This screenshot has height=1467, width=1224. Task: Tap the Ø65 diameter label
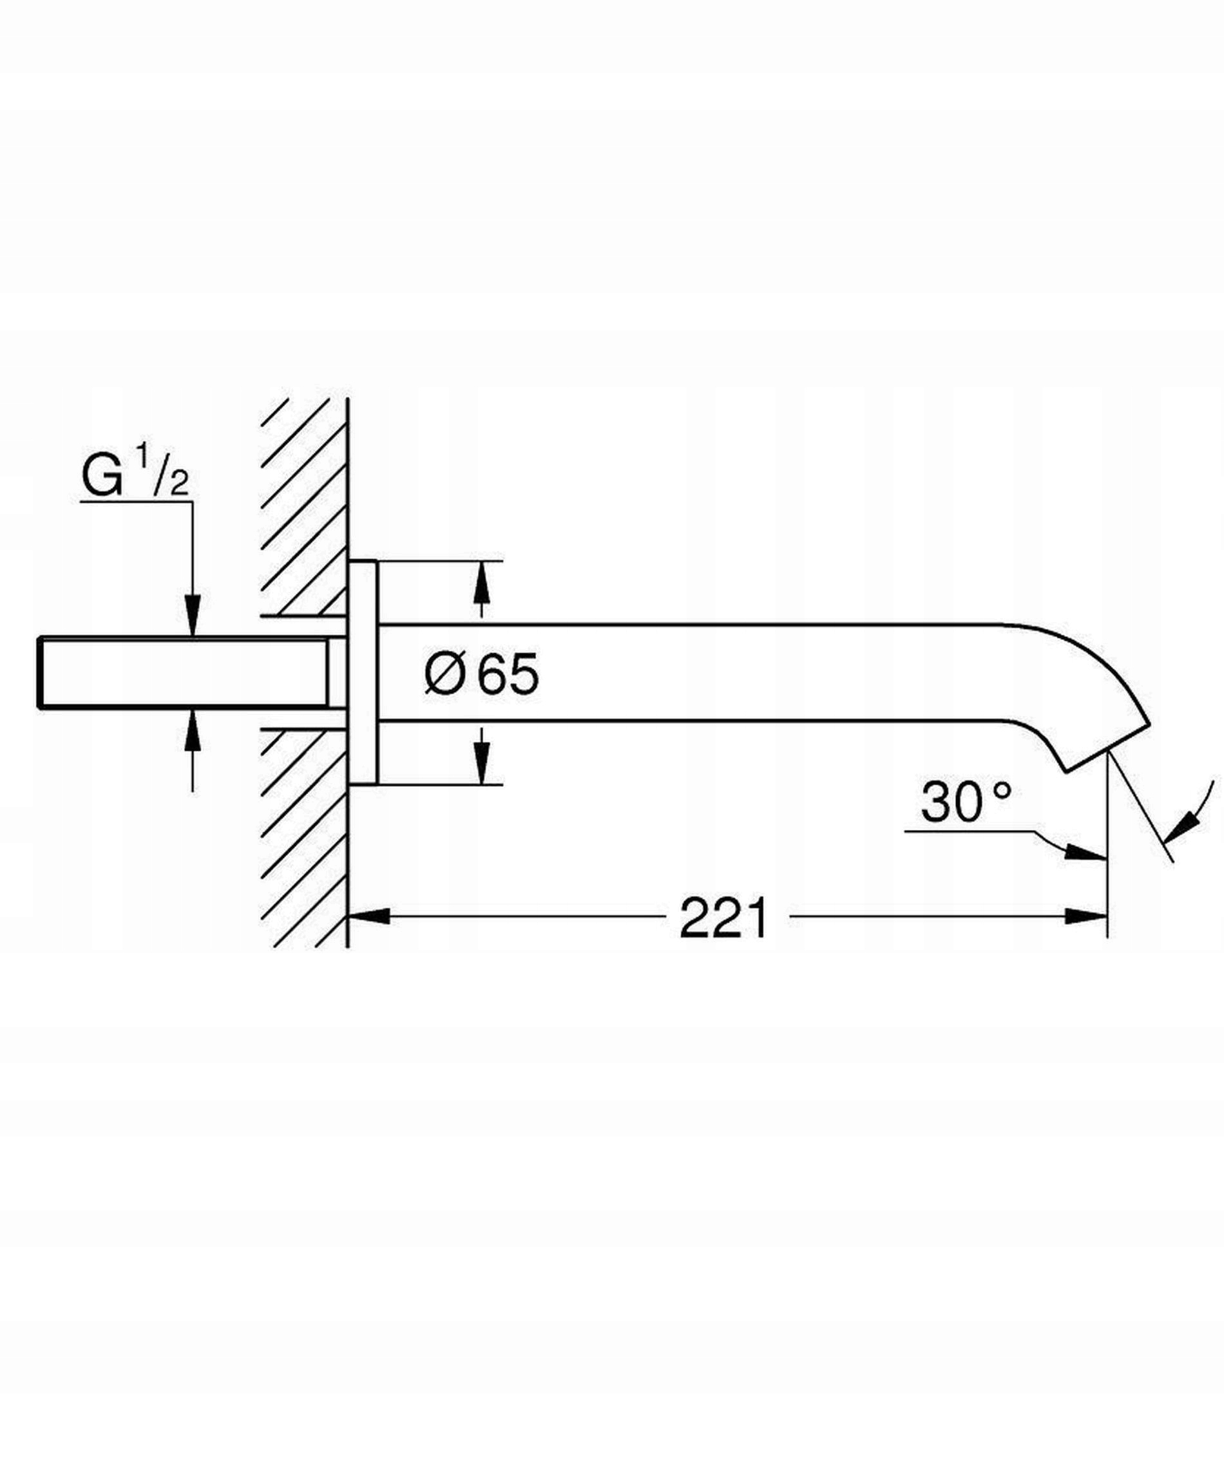pos(482,674)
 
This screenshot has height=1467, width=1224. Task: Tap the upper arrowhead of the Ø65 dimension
pos(481,582)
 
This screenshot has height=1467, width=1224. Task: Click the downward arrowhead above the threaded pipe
pos(193,616)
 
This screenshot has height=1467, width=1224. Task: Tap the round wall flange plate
pos(363,673)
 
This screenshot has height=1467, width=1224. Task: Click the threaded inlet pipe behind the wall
pos(183,674)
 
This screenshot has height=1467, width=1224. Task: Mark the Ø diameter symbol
pos(445,674)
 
